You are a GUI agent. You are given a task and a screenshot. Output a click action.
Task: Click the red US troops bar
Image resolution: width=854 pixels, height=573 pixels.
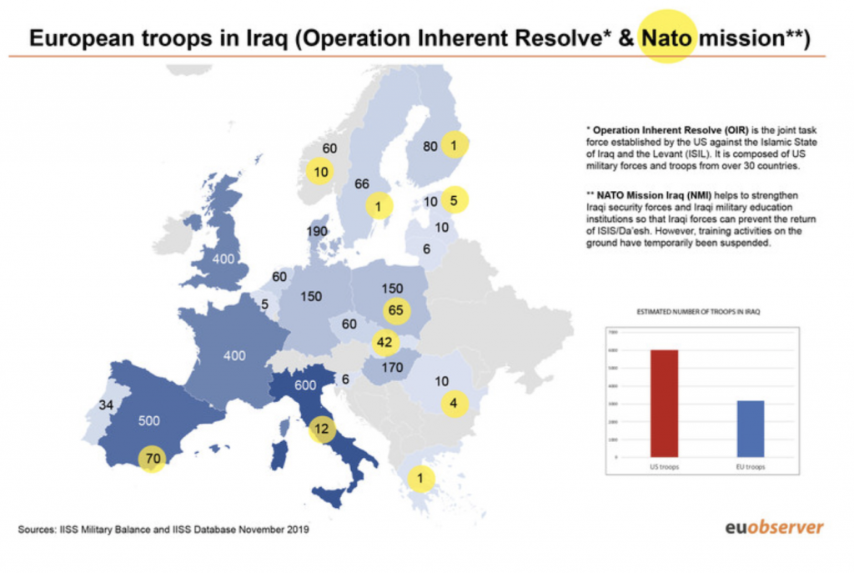pos(665,404)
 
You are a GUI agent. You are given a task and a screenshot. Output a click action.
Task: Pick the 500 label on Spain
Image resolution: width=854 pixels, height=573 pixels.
pos(149,420)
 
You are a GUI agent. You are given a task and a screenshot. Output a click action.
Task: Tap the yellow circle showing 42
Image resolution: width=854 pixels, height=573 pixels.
pos(384,341)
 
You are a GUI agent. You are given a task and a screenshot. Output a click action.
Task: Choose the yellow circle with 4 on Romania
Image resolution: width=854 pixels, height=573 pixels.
pos(454,405)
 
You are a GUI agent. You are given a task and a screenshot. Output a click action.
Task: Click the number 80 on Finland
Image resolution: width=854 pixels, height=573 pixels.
pos(430,146)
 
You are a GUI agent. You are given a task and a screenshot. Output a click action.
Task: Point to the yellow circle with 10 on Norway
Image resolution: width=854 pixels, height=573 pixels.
pos(320,173)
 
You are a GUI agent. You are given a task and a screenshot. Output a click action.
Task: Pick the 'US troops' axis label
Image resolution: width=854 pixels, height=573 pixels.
pos(665,467)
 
